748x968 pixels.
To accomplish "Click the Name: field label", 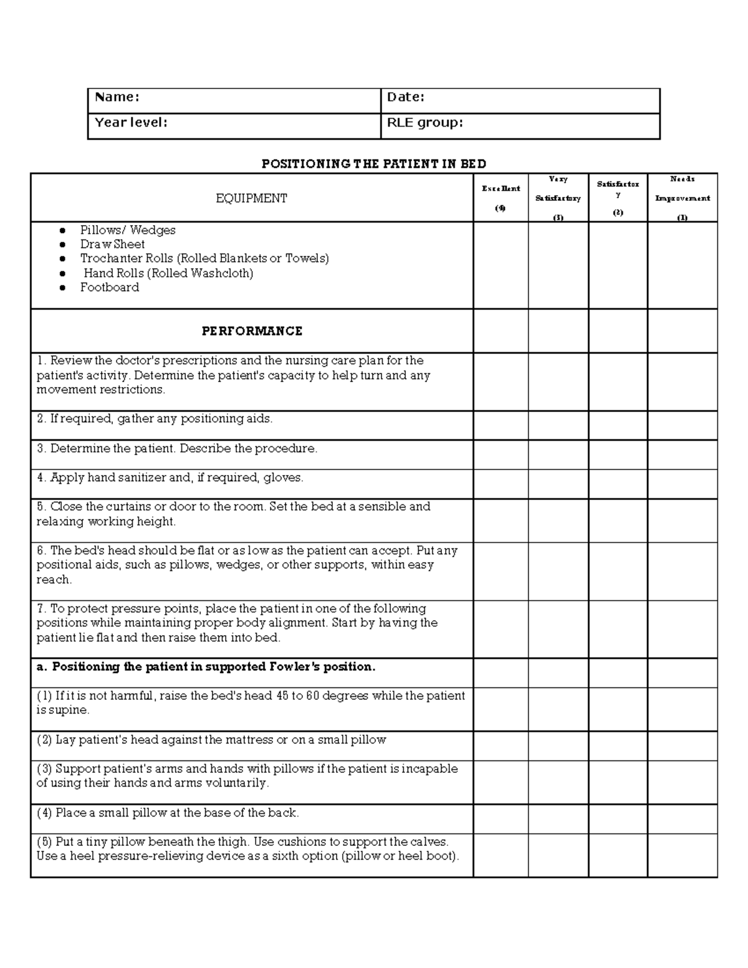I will click(117, 97).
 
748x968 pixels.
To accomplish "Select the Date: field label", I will click(406, 97).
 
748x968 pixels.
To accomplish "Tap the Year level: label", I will click(131, 123).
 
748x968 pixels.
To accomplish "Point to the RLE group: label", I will click(425, 123).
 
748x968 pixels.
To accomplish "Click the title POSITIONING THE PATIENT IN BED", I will click(374, 164).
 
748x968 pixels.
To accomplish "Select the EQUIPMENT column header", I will click(251, 198).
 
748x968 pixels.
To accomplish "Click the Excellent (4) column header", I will click(501, 198).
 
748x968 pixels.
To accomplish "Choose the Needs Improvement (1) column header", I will click(683, 198).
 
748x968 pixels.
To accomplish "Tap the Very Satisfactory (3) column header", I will click(558, 198).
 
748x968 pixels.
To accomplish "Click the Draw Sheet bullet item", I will click(112, 244).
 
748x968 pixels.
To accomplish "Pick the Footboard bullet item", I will click(110, 287).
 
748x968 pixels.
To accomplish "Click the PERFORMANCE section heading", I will click(252, 331).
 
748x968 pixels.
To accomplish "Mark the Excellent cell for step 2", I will click(501, 425).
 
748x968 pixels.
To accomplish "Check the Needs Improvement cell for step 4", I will click(683, 484).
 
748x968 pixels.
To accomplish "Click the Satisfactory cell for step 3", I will click(618, 454).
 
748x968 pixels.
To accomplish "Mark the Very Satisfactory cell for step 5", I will click(558, 520).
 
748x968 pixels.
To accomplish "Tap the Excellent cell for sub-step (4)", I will click(501, 818).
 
